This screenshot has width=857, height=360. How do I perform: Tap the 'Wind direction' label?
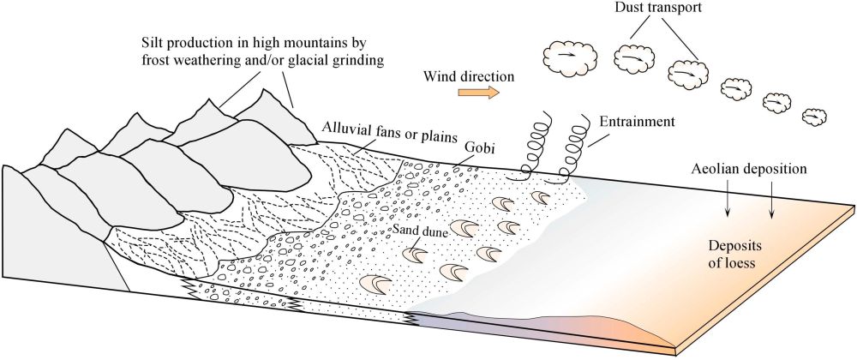(468, 75)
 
